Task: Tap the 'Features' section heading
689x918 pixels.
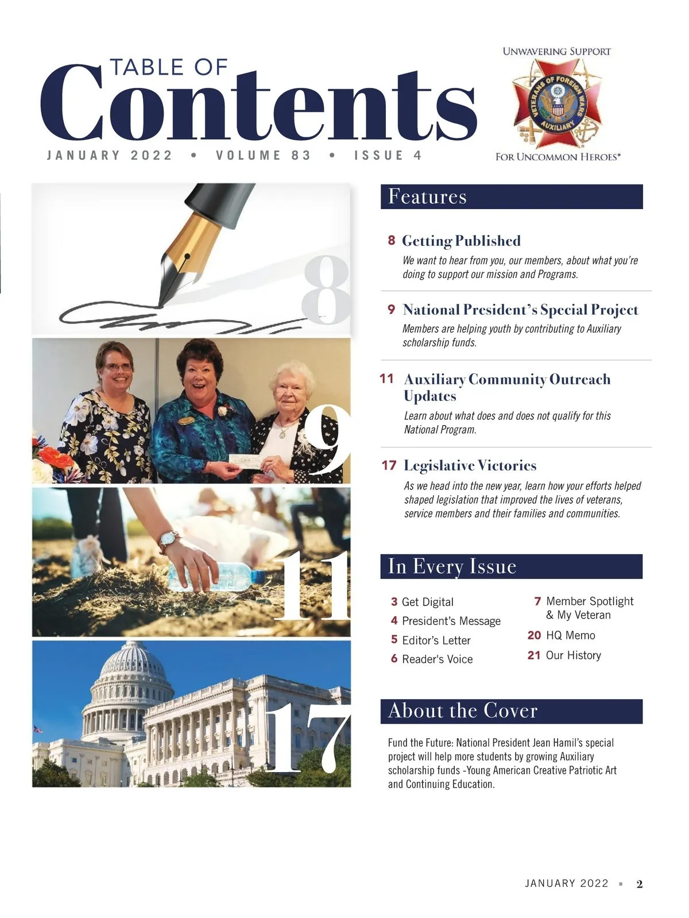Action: click(427, 196)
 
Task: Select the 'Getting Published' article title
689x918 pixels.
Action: click(461, 241)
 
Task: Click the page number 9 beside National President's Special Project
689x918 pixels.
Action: click(391, 310)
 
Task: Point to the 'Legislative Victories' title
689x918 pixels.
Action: click(470, 465)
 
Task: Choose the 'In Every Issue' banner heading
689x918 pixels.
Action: click(452, 566)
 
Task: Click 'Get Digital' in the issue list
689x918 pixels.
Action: click(427, 601)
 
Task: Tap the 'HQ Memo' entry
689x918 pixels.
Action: click(570, 635)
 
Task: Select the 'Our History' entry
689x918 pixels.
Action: click(573, 655)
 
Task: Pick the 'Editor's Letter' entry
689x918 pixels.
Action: click(436, 640)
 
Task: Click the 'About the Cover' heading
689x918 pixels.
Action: click(462, 711)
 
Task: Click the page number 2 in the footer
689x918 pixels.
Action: click(639, 884)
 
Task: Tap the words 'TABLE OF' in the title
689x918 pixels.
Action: click(169, 67)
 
